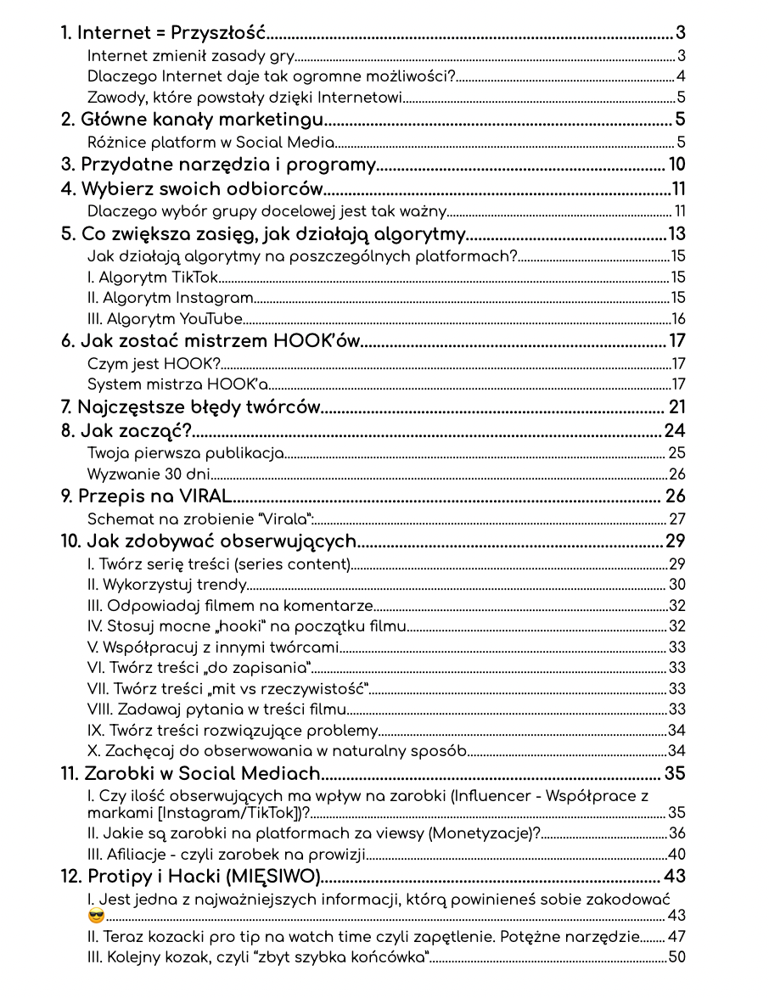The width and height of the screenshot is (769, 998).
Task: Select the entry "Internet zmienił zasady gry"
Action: coord(191,57)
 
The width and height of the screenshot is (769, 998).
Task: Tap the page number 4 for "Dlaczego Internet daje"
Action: coord(681,77)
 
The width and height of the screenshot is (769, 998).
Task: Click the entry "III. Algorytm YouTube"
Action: coord(165,319)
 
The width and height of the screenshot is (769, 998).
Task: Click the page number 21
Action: coord(676,406)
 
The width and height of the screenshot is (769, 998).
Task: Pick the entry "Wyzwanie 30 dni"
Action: coord(149,474)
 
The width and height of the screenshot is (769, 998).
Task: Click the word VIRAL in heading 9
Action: coord(203,496)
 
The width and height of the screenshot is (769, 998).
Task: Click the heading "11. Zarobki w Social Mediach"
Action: coord(190,773)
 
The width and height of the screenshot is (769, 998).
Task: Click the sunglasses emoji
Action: coord(97,916)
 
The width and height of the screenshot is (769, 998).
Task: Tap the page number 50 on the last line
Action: coord(676,958)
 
